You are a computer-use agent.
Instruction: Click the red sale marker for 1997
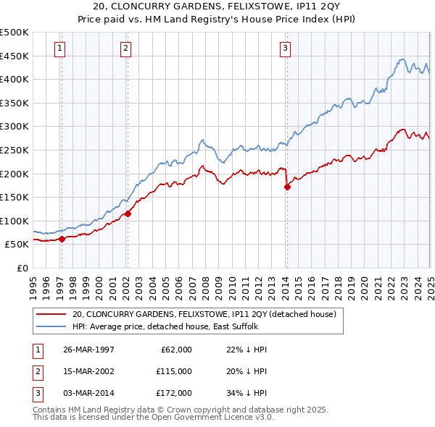click(x=62, y=238)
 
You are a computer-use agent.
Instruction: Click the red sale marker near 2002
click(x=128, y=213)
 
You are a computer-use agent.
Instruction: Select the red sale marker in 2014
click(x=287, y=187)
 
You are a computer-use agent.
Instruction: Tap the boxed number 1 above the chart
click(x=59, y=48)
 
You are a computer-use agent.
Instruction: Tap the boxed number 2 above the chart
click(x=125, y=48)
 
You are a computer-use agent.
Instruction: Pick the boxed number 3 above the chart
click(x=286, y=48)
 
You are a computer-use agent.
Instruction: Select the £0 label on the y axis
click(x=22, y=268)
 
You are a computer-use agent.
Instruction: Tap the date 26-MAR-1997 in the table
click(x=88, y=350)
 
